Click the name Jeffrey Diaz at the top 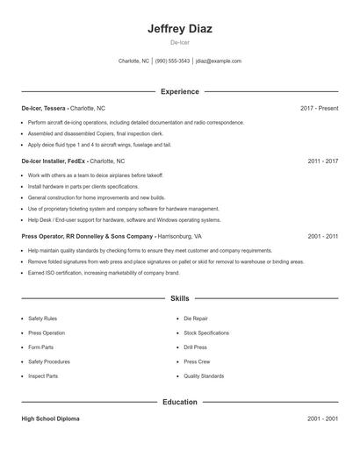click(x=180, y=28)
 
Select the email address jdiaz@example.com click(x=218, y=61)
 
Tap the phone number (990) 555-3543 click(x=172, y=61)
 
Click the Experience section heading click(x=180, y=91)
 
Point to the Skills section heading click(x=180, y=298)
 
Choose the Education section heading click(x=180, y=402)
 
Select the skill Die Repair click(x=196, y=318)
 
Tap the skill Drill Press click(x=197, y=347)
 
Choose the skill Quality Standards click(x=204, y=376)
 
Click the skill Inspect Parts click(x=43, y=376)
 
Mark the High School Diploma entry click(x=51, y=419)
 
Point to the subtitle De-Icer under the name click(x=180, y=42)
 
